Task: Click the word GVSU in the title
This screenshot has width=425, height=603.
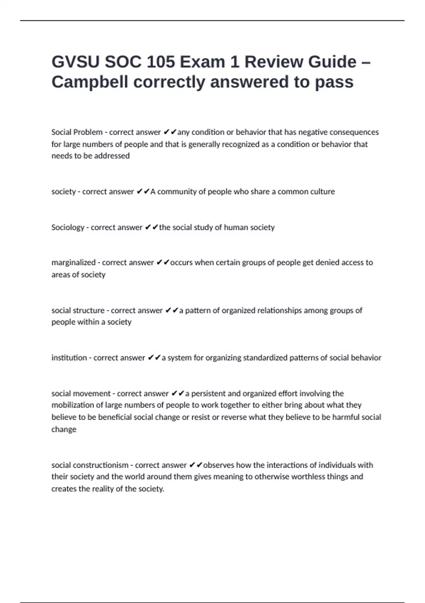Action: (x=75, y=62)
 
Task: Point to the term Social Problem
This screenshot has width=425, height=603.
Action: (x=77, y=132)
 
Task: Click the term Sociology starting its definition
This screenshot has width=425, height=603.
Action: (x=68, y=227)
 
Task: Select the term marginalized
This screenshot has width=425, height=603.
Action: (x=73, y=262)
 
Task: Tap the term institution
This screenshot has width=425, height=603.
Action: (x=69, y=358)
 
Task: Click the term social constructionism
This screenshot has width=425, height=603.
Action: (x=90, y=465)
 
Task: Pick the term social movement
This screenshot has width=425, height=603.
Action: (x=81, y=393)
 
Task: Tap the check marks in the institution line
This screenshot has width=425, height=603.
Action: (x=154, y=358)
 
